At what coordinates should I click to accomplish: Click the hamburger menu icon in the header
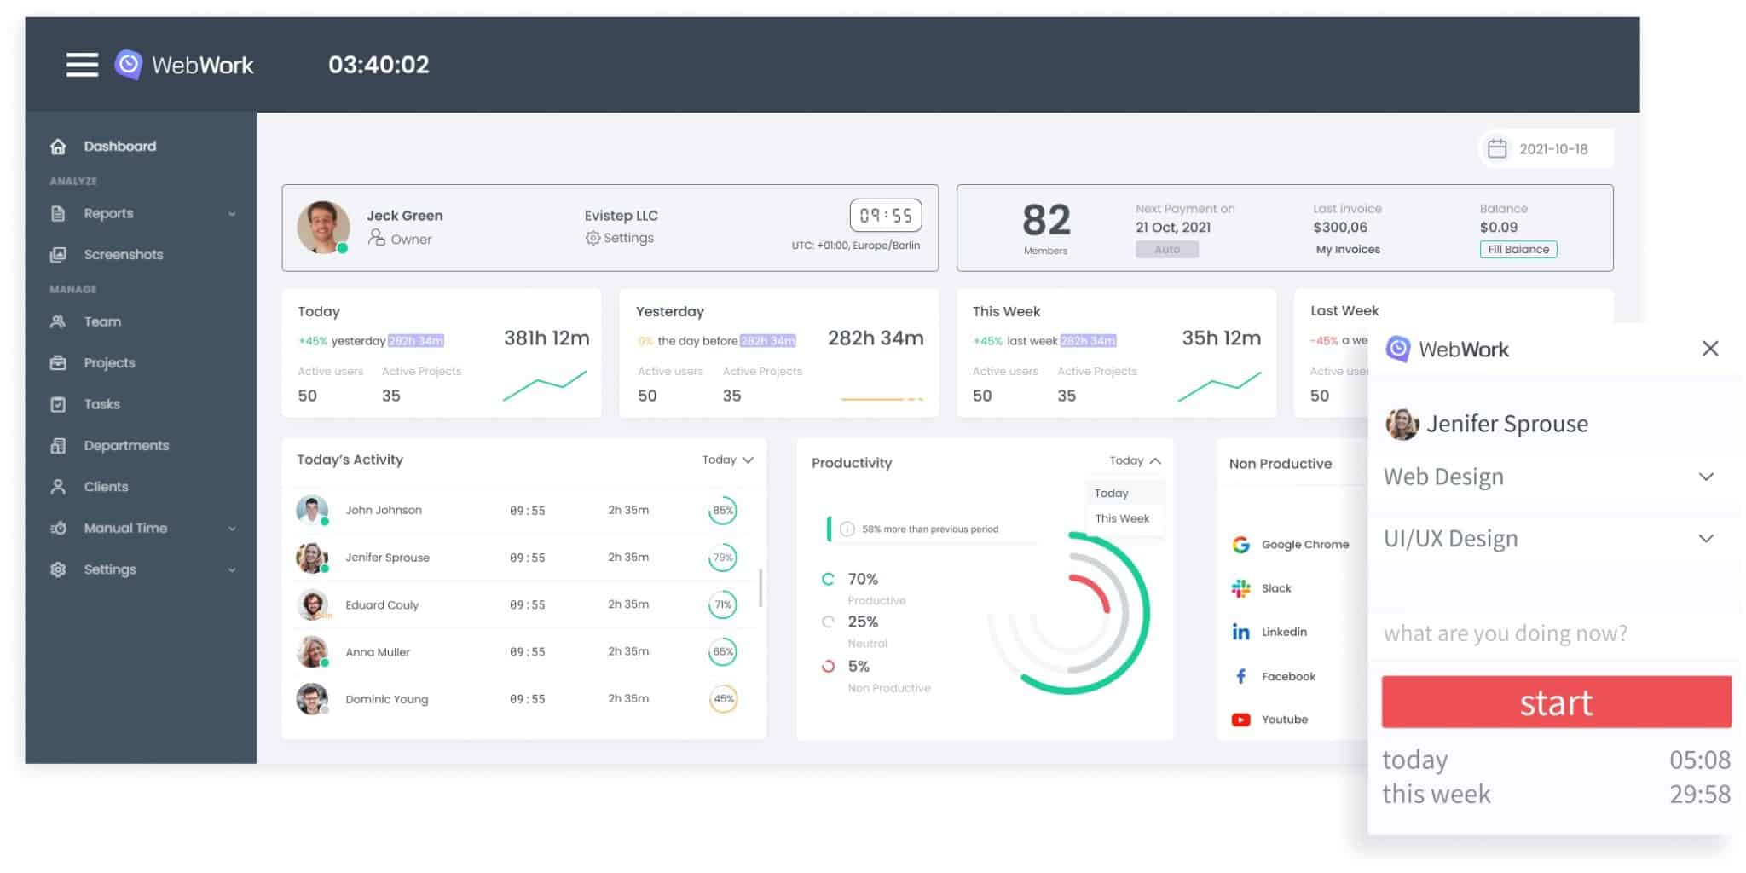point(82,65)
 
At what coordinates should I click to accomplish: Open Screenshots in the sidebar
point(123,254)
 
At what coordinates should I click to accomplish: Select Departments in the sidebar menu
point(125,445)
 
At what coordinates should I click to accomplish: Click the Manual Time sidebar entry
point(125,528)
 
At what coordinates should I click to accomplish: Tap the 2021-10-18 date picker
point(1544,149)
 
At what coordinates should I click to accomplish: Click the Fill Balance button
point(1518,249)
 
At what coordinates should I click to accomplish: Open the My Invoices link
point(1347,249)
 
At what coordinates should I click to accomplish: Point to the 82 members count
point(1045,220)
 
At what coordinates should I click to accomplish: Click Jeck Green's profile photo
point(323,227)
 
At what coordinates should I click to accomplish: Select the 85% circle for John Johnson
point(722,511)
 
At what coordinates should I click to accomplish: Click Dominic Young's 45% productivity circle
point(723,699)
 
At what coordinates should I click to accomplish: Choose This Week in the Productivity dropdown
point(1122,518)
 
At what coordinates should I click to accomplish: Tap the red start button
point(1555,702)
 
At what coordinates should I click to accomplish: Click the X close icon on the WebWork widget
point(1709,348)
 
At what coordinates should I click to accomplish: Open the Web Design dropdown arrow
point(1705,477)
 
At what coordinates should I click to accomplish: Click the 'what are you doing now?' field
point(1506,633)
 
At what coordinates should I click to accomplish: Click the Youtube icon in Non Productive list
point(1240,720)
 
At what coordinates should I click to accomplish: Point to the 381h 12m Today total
point(546,338)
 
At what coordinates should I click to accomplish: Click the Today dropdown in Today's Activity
point(727,460)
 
